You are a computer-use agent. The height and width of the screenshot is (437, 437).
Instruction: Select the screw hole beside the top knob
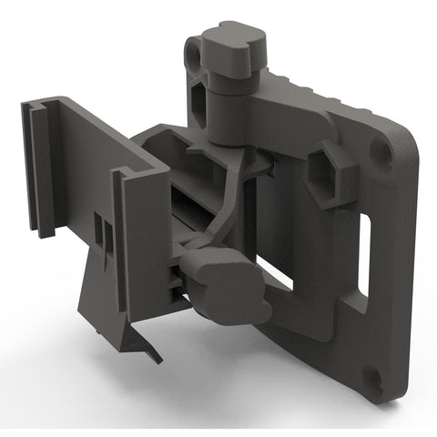click(193, 56)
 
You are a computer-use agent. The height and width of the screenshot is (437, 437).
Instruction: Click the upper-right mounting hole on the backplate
click(383, 152)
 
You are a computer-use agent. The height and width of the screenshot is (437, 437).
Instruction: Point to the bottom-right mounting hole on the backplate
click(371, 374)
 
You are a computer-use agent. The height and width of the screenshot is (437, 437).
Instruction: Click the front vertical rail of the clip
click(127, 246)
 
